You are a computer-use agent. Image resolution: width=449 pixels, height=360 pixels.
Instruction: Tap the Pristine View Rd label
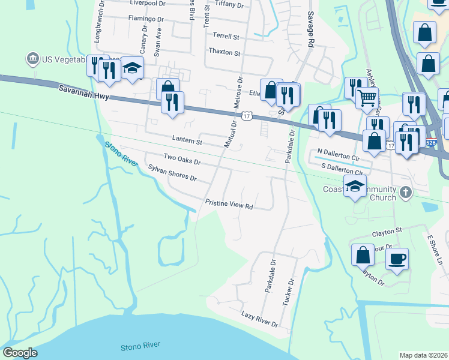pos(229,204)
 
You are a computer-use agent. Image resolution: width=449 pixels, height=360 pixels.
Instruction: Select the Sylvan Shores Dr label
pos(172,174)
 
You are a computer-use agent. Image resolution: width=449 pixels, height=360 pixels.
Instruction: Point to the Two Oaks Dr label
pos(181,160)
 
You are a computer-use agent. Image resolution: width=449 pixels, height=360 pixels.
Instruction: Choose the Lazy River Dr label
pos(259,319)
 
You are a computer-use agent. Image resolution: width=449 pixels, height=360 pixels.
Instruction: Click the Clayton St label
pos(386,229)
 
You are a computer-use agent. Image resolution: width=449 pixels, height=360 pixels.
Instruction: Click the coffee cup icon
pos(397,259)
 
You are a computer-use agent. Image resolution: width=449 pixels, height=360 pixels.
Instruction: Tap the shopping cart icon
pos(366,97)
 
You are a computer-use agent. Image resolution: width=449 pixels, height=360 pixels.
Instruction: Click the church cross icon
pos(406,193)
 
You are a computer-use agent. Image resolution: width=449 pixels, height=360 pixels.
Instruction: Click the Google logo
pos(20,353)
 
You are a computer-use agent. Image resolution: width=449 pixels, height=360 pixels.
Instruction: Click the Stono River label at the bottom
pos(139,347)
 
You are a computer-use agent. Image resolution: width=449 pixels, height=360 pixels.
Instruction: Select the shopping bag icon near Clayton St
pos(363,254)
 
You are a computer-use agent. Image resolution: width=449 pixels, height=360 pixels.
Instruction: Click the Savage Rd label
pos(310,30)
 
